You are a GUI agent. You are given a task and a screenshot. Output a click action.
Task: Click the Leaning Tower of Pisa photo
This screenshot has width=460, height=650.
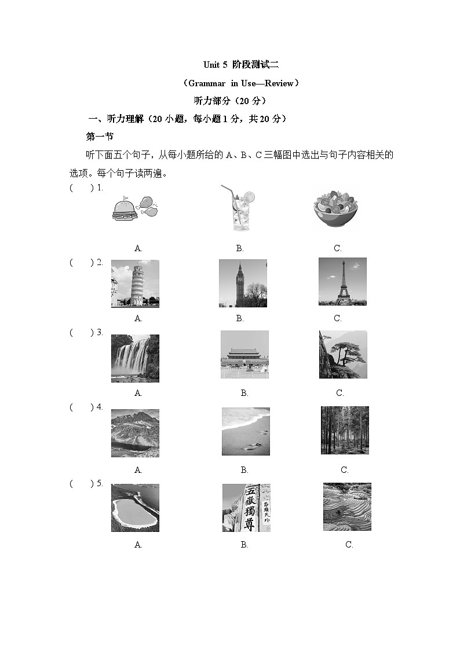pyautogui.click(x=135, y=284)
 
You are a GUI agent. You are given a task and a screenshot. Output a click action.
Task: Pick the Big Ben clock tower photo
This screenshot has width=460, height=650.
pyautogui.click(x=243, y=283)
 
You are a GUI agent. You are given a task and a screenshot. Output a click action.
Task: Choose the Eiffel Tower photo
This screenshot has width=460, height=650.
pyautogui.click(x=342, y=281)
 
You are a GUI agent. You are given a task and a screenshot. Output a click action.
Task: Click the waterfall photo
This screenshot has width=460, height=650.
pyautogui.click(x=135, y=358)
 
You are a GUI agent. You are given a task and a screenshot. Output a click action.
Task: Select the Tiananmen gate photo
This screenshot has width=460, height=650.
pyautogui.click(x=244, y=355)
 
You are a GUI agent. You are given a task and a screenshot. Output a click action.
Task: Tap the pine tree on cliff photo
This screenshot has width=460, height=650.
pyautogui.click(x=343, y=355)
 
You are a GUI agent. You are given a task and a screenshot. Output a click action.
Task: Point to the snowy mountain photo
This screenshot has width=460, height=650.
pyautogui.click(x=135, y=433)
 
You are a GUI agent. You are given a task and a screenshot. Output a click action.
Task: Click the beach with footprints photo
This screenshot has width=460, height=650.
pyautogui.click(x=246, y=431)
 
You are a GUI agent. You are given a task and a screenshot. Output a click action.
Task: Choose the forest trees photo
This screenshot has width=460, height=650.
pyautogui.click(x=345, y=430)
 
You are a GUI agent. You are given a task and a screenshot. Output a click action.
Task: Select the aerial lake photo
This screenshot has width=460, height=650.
pyautogui.click(x=135, y=508)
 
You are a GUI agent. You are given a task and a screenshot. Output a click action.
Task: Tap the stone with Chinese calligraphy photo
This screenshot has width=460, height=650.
pyautogui.click(x=246, y=508)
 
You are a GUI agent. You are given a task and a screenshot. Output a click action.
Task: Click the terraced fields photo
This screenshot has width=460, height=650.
pyautogui.click(x=347, y=506)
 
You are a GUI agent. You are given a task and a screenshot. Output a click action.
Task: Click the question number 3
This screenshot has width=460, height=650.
pyautogui.click(x=100, y=332)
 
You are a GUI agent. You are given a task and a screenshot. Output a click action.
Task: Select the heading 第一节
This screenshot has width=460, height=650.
pyautogui.click(x=100, y=137)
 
